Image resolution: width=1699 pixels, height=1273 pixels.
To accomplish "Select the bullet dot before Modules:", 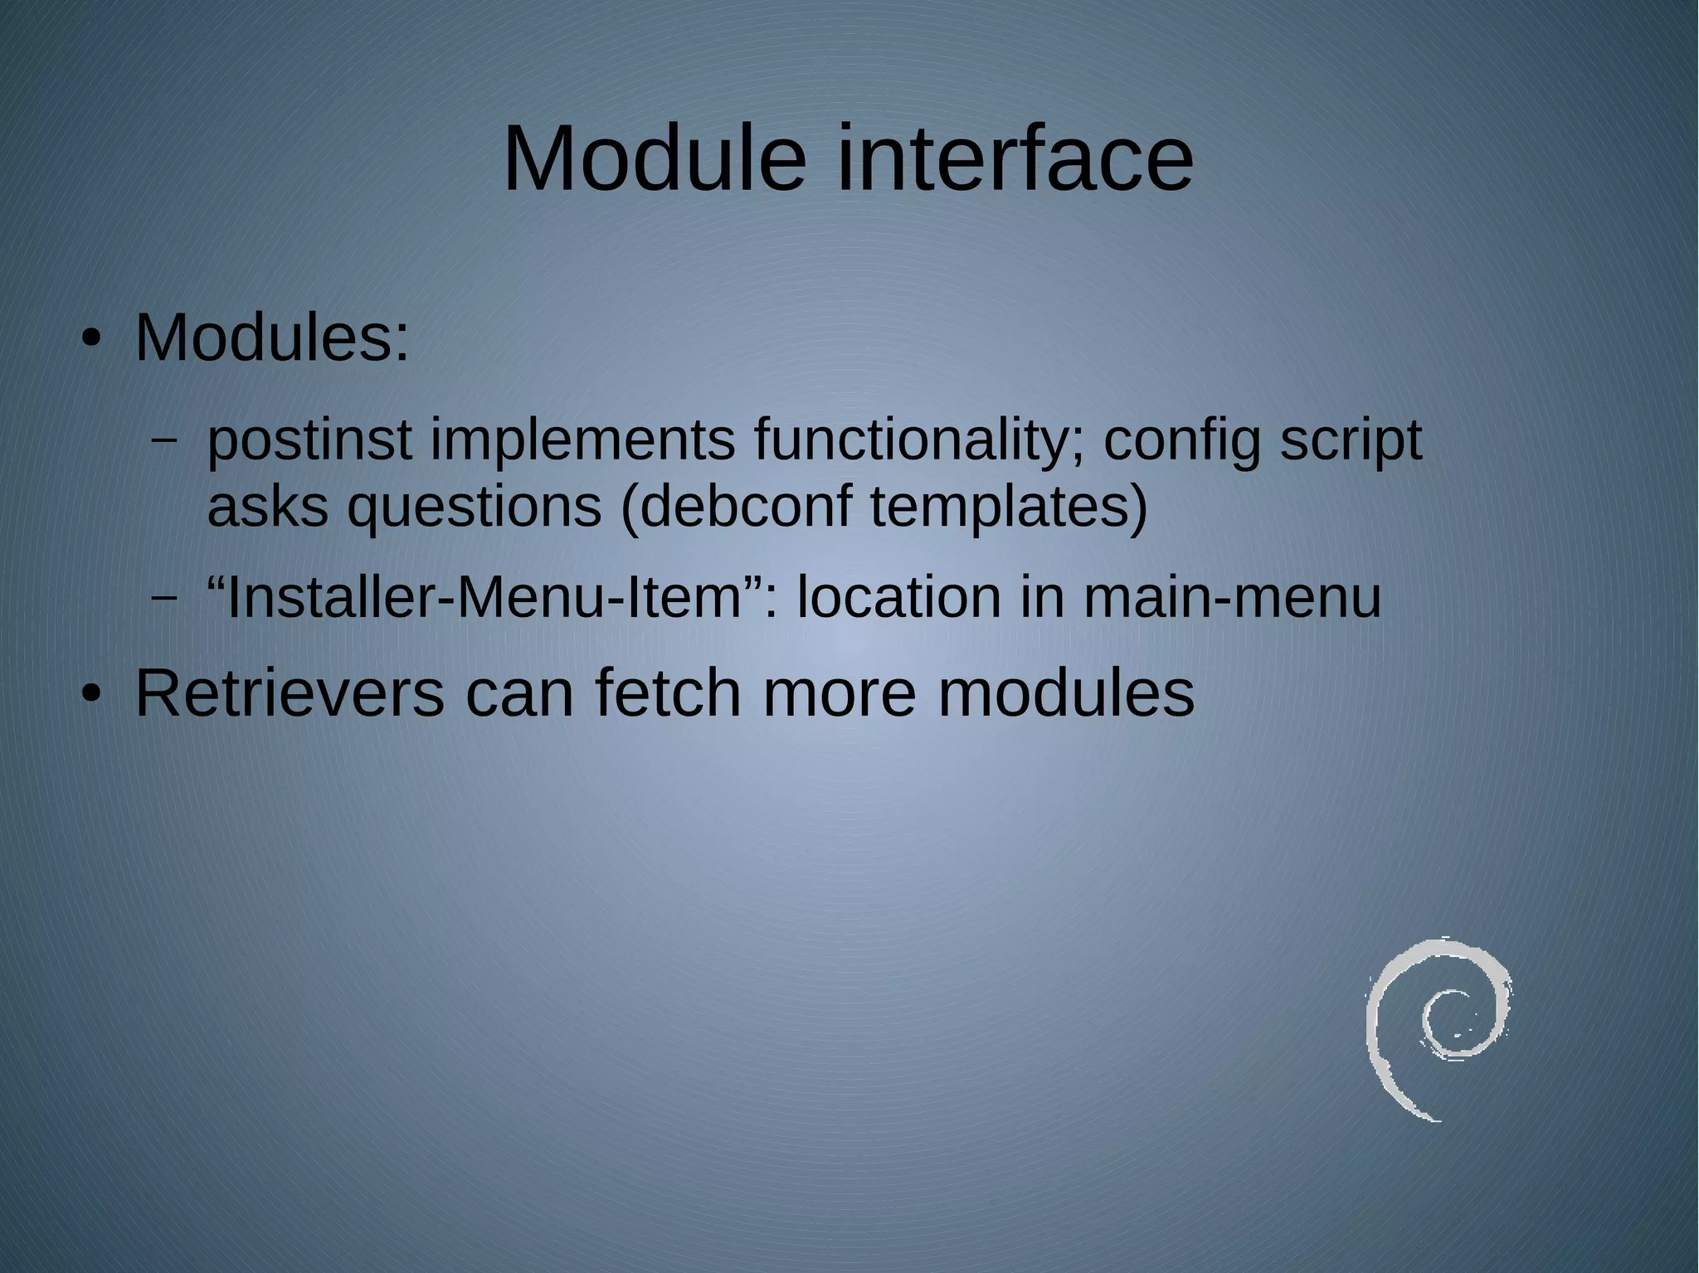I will click(x=90, y=340).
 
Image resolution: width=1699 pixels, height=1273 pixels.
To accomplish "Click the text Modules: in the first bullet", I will click(x=272, y=338).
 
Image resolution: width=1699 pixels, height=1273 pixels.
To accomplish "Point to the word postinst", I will click(x=309, y=441).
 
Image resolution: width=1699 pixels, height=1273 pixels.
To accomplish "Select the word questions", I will click(x=474, y=507).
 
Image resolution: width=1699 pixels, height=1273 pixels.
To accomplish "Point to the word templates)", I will click(x=1009, y=507).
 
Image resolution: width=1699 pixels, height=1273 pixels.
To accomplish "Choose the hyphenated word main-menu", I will click(x=1232, y=597).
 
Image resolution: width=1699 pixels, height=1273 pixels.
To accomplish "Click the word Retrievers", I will click(x=290, y=693).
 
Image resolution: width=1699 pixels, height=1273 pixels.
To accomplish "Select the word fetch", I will click(x=668, y=693).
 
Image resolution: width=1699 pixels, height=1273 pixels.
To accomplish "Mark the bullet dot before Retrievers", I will click(x=90, y=695).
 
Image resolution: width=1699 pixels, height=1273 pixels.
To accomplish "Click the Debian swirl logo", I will click(x=1437, y=1028).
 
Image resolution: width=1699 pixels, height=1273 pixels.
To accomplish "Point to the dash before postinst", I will click(x=164, y=441).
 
